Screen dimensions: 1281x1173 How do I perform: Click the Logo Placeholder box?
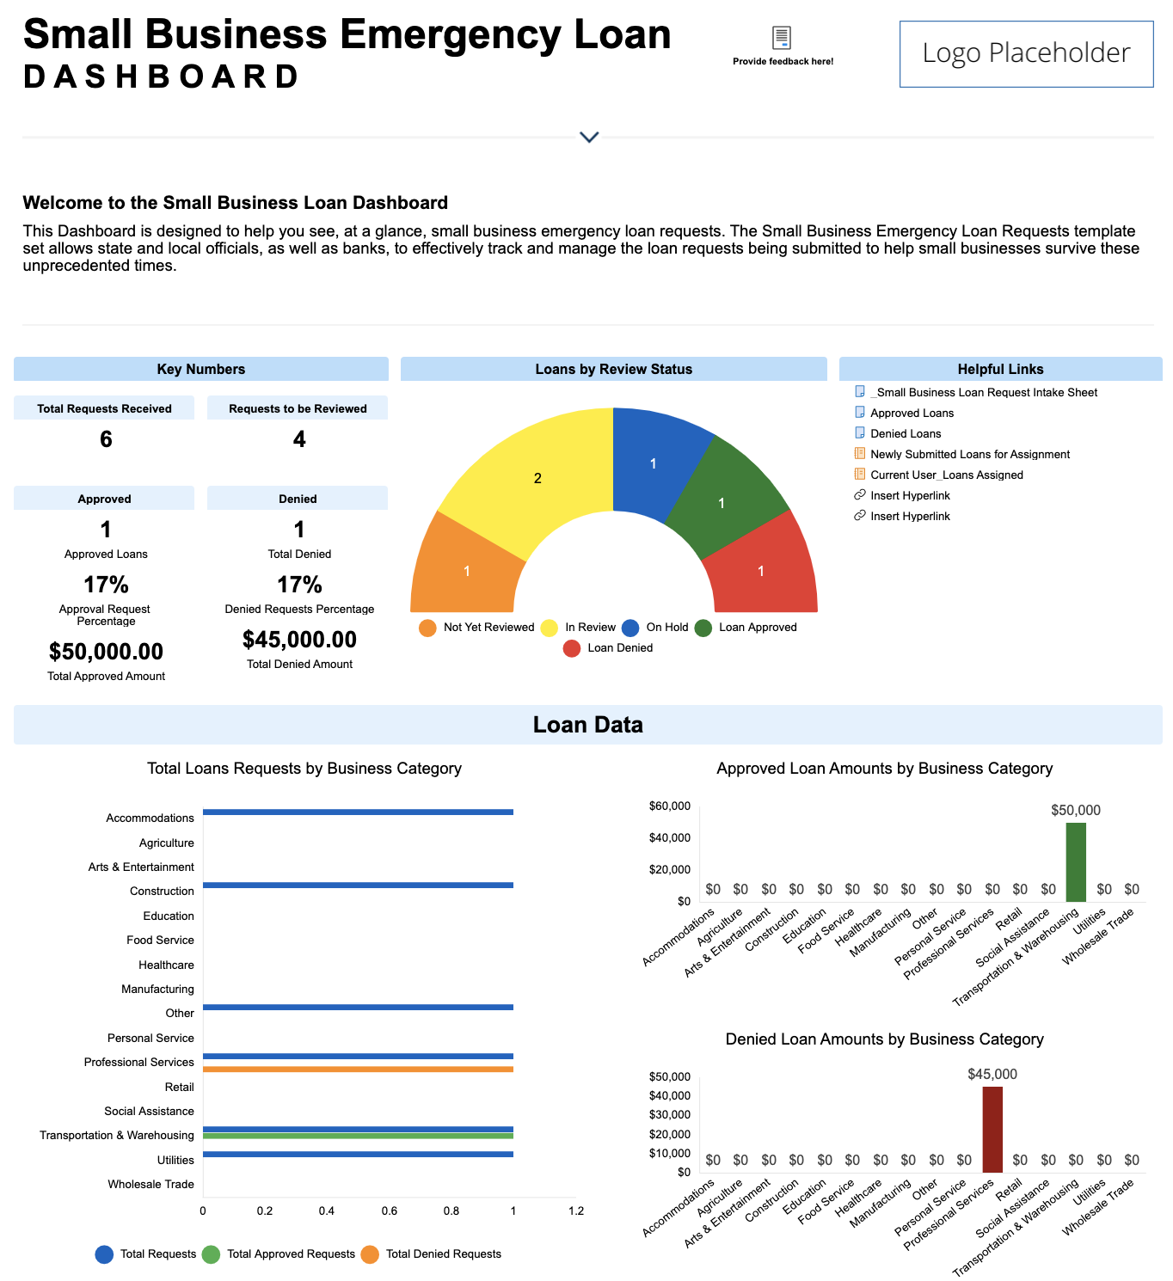pos(1026,54)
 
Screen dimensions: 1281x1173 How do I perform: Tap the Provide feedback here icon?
pos(781,38)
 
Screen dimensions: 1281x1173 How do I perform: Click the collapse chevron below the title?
pos(589,137)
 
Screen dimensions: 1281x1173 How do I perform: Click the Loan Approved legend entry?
pos(746,628)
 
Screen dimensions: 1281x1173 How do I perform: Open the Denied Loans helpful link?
pos(905,434)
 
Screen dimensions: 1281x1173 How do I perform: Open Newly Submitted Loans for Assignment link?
pos(969,455)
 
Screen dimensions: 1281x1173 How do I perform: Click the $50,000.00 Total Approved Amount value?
pos(106,652)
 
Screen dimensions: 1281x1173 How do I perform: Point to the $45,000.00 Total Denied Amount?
pos(299,640)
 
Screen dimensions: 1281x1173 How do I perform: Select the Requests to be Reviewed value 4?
pos(299,439)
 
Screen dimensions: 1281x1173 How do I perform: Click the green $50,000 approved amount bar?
pos(1076,862)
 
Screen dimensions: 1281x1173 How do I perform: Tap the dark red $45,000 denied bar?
pos(992,1129)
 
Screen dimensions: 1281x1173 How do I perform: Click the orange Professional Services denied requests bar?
pos(358,1070)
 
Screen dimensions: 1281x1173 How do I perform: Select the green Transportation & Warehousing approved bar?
pos(358,1136)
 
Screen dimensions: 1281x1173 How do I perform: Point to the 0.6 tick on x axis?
pos(390,1211)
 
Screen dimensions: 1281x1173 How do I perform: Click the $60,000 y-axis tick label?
pos(670,806)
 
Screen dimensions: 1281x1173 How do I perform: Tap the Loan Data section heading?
pos(587,725)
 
